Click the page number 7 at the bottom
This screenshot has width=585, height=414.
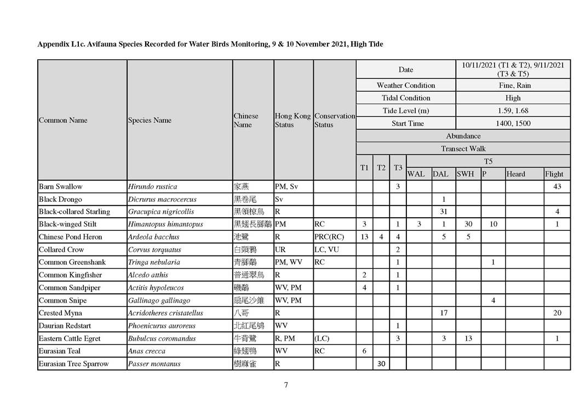point(286,384)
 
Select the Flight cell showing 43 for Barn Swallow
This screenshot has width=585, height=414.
point(557,186)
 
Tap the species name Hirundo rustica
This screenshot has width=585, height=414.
point(152,186)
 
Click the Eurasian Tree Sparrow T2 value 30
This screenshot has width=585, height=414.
point(381,364)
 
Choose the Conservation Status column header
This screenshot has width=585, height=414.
point(334,120)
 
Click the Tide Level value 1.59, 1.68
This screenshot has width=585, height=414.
point(513,111)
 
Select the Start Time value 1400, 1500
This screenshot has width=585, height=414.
point(513,123)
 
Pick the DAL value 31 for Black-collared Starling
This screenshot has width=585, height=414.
point(444,212)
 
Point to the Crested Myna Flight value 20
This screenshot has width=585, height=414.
point(557,313)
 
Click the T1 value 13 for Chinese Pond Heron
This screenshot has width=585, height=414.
point(365,237)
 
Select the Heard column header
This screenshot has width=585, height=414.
point(515,174)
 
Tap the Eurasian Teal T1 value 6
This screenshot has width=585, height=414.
point(365,351)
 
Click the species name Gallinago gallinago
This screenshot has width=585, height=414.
point(159,300)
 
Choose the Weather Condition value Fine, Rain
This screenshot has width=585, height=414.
point(513,86)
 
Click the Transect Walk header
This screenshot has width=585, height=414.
point(463,149)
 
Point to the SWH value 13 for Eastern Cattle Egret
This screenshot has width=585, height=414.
point(468,338)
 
